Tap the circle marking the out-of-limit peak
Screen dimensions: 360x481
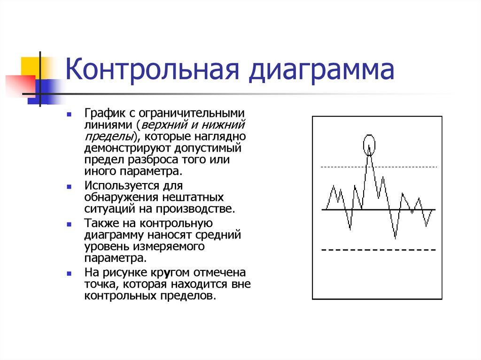tap(370, 145)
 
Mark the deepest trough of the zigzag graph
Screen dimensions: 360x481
tap(396, 237)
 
